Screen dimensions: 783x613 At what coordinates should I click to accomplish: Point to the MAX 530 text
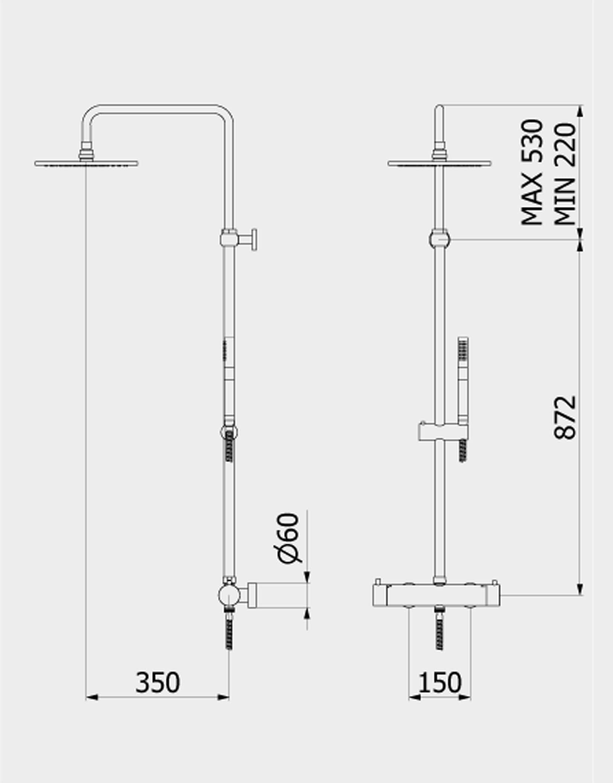coord(532,173)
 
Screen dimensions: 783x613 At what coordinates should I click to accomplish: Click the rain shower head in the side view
coord(86,163)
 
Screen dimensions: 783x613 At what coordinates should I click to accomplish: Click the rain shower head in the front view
coord(440,163)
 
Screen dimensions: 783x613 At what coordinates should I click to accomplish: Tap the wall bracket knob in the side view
coord(254,239)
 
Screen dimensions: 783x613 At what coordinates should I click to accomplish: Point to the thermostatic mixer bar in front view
coord(436,595)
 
